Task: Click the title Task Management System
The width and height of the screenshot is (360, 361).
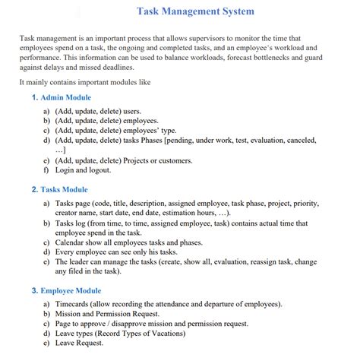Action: [x=195, y=11]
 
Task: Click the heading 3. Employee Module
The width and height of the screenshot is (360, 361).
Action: [x=66, y=290]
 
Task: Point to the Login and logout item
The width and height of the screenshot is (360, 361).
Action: [x=83, y=170]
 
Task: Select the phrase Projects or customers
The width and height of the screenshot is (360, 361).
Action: [x=157, y=160]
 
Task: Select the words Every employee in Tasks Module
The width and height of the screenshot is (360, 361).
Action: [x=83, y=251]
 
